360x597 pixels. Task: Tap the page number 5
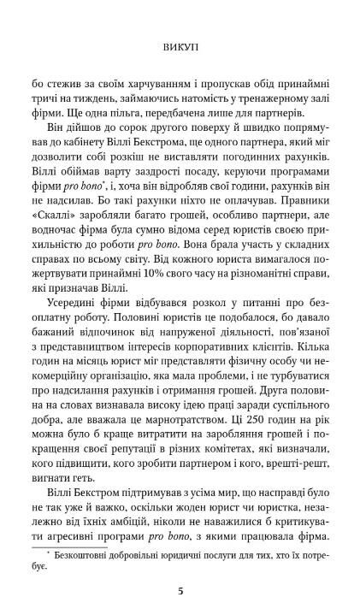pos(180,566)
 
